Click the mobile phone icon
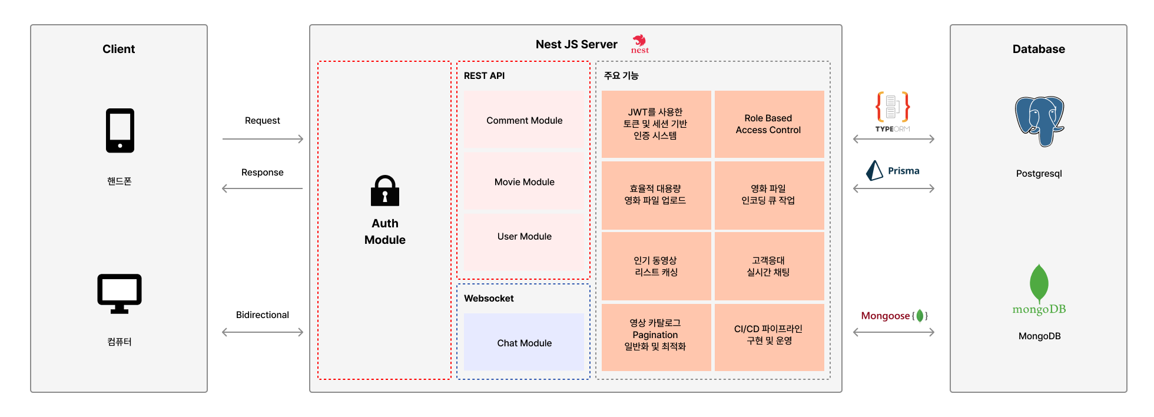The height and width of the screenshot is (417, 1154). (120, 130)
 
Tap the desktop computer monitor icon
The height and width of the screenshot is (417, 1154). (120, 293)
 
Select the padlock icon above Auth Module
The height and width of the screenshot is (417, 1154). (385, 190)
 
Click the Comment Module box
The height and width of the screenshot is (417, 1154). (524, 120)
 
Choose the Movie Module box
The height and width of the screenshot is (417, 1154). (524, 181)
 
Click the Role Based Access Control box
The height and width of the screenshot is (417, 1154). (769, 124)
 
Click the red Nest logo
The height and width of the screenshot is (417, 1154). (639, 44)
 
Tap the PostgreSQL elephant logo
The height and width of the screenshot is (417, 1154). (1039, 121)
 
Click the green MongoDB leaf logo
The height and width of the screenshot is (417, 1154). (1039, 284)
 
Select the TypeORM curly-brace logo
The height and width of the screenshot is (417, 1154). (893, 107)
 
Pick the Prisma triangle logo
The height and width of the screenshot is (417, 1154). (874, 170)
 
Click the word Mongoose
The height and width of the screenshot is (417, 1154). (886, 316)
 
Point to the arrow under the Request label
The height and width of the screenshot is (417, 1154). (263, 139)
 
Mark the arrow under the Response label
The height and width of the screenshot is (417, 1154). (263, 188)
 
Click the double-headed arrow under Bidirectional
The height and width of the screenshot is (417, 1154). (263, 332)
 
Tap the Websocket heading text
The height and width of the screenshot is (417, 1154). (489, 298)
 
